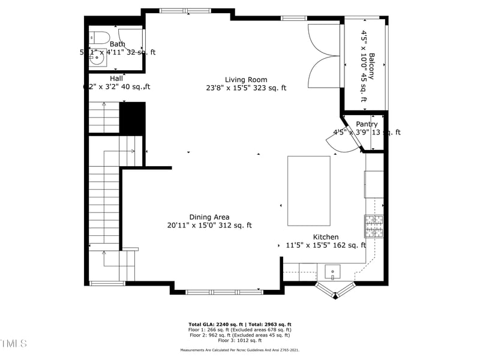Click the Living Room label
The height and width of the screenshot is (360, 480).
point(246,79)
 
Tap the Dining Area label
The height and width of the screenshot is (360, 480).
point(209,217)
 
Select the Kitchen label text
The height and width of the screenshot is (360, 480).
point(325,237)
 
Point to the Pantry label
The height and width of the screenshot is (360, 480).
point(367,124)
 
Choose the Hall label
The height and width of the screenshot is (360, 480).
point(116,79)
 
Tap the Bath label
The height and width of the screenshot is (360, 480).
point(117,44)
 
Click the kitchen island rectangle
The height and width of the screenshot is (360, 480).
point(309,190)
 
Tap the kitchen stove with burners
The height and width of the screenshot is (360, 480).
point(373,227)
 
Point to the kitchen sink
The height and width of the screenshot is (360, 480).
point(333,272)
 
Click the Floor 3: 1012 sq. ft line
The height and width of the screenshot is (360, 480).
point(239,340)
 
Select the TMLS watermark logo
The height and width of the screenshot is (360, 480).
point(13,343)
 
